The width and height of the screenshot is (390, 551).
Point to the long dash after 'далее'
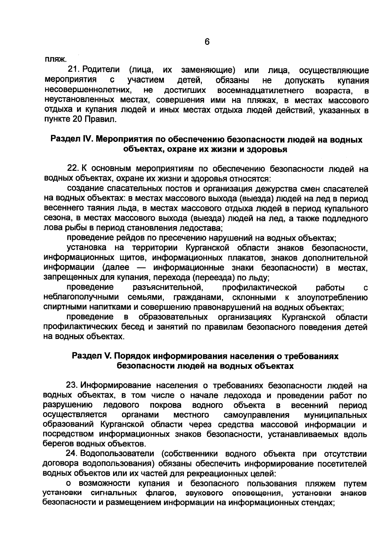pyautogui.click(x=141, y=268)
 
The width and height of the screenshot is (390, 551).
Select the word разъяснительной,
pyautogui.click(x=168, y=288)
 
